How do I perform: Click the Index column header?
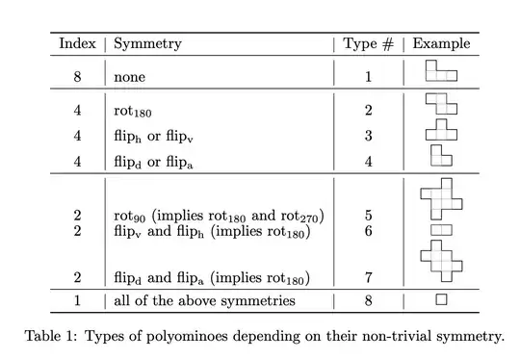click(x=77, y=43)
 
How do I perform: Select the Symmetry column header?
click(x=147, y=43)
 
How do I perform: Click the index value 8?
click(x=77, y=75)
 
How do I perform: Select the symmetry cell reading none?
click(x=130, y=75)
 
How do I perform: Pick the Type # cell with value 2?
click(x=368, y=111)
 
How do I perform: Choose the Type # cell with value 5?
click(x=368, y=215)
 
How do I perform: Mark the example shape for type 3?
click(x=441, y=130)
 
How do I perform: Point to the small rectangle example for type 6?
click(x=441, y=230)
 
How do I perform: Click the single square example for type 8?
click(x=441, y=300)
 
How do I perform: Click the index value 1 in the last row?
click(x=77, y=301)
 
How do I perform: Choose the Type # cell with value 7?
click(x=368, y=278)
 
